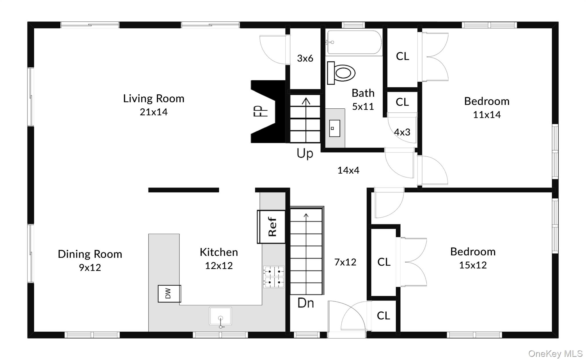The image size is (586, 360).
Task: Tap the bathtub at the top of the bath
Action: [354, 42]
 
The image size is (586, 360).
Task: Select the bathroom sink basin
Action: [334, 128]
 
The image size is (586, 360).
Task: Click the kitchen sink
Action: [220, 316]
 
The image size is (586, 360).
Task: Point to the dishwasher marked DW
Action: [169, 294]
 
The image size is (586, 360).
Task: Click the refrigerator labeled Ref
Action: [272, 227]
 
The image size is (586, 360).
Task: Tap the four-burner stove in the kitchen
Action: [274, 277]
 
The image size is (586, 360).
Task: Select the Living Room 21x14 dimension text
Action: [154, 112]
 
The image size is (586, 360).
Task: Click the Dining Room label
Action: [90, 254]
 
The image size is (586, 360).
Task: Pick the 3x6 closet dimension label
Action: [305, 58]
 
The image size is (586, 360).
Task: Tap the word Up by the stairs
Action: [305, 154]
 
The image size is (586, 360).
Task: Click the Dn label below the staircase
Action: [306, 303]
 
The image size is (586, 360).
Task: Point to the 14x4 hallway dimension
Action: [348, 170]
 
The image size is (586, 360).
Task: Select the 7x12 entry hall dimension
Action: [345, 262]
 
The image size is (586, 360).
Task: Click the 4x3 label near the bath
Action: [402, 132]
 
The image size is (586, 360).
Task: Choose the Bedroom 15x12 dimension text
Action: [473, 265]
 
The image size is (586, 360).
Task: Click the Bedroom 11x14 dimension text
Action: [487, 115]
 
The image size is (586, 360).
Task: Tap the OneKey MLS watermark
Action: [555, 354]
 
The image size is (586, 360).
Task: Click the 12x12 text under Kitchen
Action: [219, 266]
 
